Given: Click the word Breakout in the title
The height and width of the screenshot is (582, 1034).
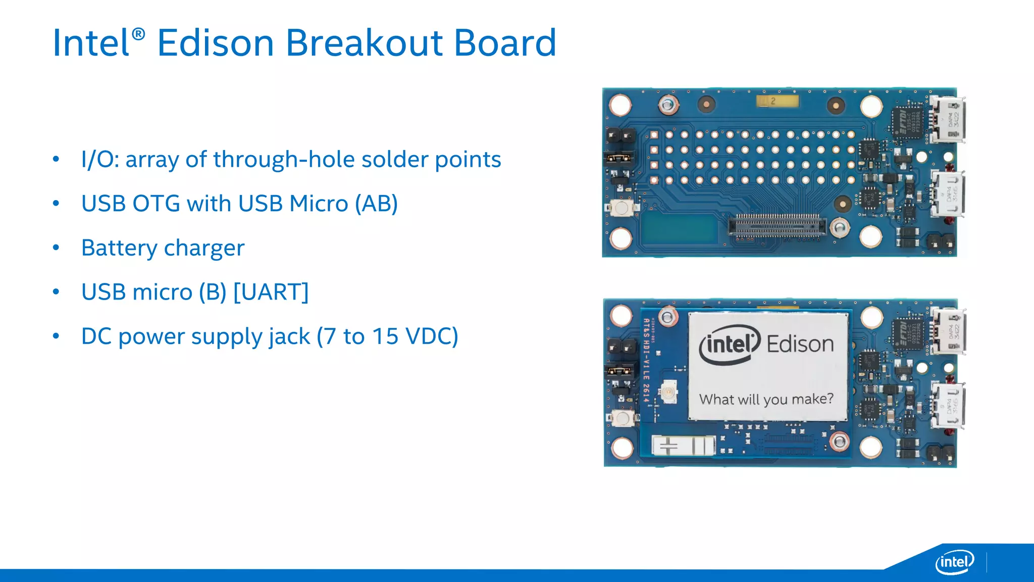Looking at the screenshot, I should tap(364, 43).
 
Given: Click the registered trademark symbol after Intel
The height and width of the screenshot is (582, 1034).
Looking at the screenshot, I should tap(138, 34).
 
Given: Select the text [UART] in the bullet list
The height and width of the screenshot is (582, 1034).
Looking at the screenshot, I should tap(271, 292).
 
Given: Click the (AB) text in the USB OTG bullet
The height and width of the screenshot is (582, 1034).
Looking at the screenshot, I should tap(376, 204).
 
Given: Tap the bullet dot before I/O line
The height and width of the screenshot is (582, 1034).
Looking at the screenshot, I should tap(56, 160).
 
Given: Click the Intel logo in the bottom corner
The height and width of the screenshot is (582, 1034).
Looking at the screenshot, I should tap(954, 562).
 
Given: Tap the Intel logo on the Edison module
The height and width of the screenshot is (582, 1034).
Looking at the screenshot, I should tap(730, 345).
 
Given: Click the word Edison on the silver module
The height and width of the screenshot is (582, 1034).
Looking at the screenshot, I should tap(800, 344).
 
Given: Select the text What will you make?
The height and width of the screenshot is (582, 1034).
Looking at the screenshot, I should tap(766, 399).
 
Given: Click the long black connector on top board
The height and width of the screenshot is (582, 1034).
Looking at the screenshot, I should tap(777, 226).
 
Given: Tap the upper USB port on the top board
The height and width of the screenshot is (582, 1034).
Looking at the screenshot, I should tap(948, 120).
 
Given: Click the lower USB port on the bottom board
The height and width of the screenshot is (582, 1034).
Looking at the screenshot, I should tap(948, 405).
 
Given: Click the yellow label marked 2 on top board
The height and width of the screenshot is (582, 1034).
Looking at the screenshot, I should tap(777, 102).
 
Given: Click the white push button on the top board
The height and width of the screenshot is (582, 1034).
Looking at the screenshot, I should tap(622, 208).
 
